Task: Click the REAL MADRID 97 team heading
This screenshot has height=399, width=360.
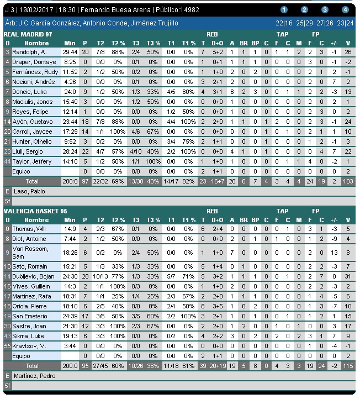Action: coord(28,34)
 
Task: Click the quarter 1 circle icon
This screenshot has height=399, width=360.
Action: coord(284,10)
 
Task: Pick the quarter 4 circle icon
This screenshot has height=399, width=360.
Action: coord(345,10)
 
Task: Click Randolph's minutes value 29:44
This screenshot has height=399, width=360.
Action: coord(70,52)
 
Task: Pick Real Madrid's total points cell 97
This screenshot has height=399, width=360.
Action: coord(85,181)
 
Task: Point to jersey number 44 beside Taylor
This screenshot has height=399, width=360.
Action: coord(7,161)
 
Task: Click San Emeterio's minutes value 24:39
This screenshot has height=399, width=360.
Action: coord(70,316)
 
